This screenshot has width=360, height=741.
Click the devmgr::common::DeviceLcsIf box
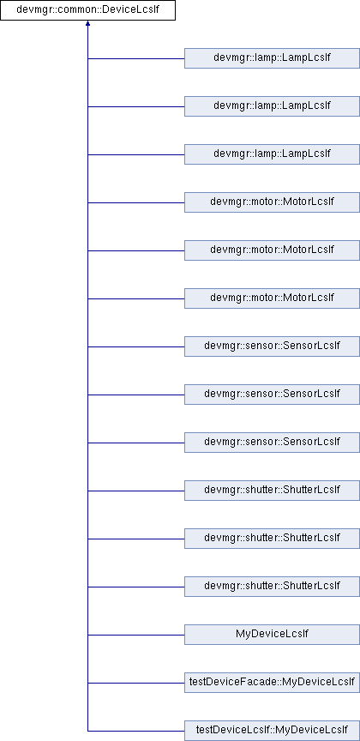coord(88,10)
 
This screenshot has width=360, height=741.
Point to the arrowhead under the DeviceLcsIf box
coord(88,23)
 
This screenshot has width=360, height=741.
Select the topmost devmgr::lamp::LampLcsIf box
coord(272,58)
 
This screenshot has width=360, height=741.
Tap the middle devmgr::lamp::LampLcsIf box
coord(272,106)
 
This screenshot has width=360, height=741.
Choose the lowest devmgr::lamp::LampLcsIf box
coord(272,154)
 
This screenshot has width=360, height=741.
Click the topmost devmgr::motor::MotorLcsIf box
coord(272,202)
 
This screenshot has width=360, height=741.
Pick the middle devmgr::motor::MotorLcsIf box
coord(272,250)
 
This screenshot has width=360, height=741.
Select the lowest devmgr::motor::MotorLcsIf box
coord(272,298)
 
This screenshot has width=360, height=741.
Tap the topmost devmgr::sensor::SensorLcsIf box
coord(272,346)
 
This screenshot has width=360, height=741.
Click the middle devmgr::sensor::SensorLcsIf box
coord(272,395)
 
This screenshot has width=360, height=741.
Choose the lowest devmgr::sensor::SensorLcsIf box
coord(272,443)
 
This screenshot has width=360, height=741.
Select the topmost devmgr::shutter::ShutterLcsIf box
coord(272,491)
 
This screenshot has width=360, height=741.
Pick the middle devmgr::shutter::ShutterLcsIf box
coord(272,539)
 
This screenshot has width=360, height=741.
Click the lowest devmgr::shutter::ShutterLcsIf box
coord(272,587)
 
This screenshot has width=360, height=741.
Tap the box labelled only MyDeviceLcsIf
coord(272,635)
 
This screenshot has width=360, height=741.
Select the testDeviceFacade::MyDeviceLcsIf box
coord(272,683)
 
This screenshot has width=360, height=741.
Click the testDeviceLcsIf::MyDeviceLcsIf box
coord(272,731)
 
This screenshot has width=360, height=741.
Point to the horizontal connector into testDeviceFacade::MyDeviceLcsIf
coord(136,683)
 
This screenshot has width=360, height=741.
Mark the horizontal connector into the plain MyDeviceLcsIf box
coord(136,635)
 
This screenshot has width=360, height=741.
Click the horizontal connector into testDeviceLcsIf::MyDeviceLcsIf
coord(136,731)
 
